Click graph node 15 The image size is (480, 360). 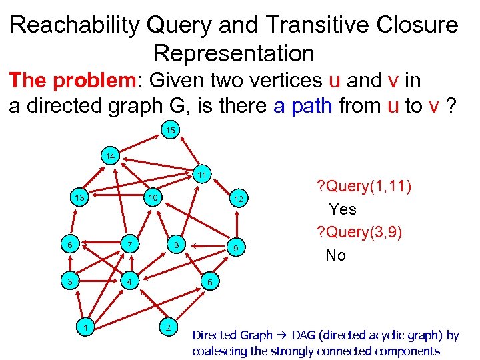point(170,131)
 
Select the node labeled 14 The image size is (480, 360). point(111,157)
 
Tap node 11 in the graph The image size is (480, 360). point(201,175)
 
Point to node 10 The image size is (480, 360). point(153,198)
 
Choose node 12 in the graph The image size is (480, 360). point(239,199)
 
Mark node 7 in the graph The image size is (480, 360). point(132,245)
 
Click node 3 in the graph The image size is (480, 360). point(69,281)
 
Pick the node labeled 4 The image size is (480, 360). point(132,281)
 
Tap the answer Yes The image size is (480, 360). point(343,209)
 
